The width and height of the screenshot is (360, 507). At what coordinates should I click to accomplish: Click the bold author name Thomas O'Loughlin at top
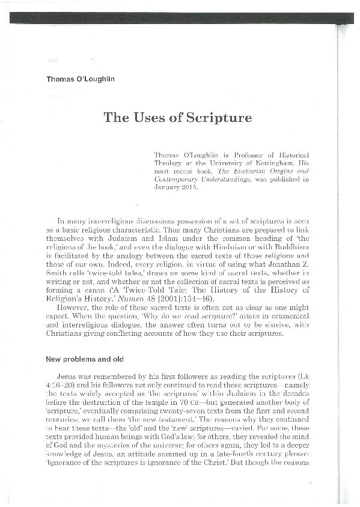(x=81, y=79)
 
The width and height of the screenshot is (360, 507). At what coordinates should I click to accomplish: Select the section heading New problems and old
(x=85, y=359)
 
